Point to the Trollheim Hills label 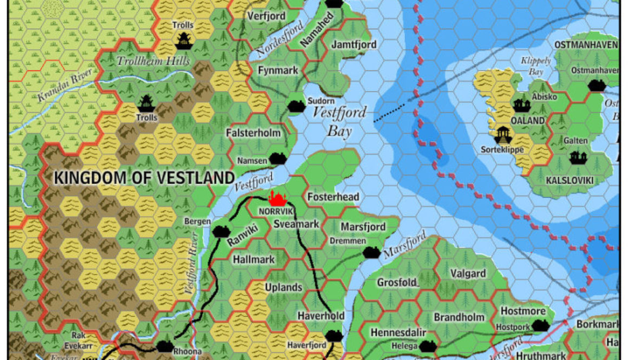[153, 61]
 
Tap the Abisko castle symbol [521, 105]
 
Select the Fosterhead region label [333, 197]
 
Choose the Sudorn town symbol [296, 106]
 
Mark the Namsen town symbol [278, 159]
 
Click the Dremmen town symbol [371, 252]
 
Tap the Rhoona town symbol [165, 346]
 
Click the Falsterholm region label [254, 133]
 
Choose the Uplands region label [283, 287]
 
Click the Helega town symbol [428, 345]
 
